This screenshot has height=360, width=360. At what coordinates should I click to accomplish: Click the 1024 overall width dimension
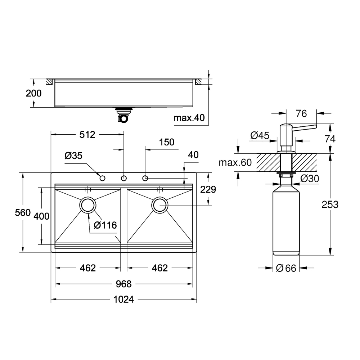pos(123,300)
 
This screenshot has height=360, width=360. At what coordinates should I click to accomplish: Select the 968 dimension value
pos(123,284)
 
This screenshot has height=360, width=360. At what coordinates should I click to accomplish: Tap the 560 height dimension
pos(23,213)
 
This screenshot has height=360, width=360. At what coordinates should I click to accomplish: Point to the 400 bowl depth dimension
pos(41,216)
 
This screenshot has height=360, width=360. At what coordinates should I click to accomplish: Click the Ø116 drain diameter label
pos(105,225)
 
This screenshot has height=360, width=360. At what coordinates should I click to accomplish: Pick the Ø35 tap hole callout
pos(73,156)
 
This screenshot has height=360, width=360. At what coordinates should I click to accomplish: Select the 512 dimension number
pos(87,135)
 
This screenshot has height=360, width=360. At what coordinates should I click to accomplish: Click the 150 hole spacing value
pos(167,142)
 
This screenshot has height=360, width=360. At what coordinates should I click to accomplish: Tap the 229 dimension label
pos(208,189)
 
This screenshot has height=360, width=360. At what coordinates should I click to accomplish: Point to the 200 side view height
pos(33,93)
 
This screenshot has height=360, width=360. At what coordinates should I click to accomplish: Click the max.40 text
pos(189,118)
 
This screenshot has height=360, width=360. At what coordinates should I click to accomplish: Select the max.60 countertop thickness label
pos(235,163)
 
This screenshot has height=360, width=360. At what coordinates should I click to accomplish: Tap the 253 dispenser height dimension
pos(330,204)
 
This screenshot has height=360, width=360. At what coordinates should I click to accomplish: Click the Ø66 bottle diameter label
pos(286,268)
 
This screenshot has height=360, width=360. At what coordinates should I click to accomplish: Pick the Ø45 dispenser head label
pos(260,135)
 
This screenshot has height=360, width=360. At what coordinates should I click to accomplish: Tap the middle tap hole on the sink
pos(124,178)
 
